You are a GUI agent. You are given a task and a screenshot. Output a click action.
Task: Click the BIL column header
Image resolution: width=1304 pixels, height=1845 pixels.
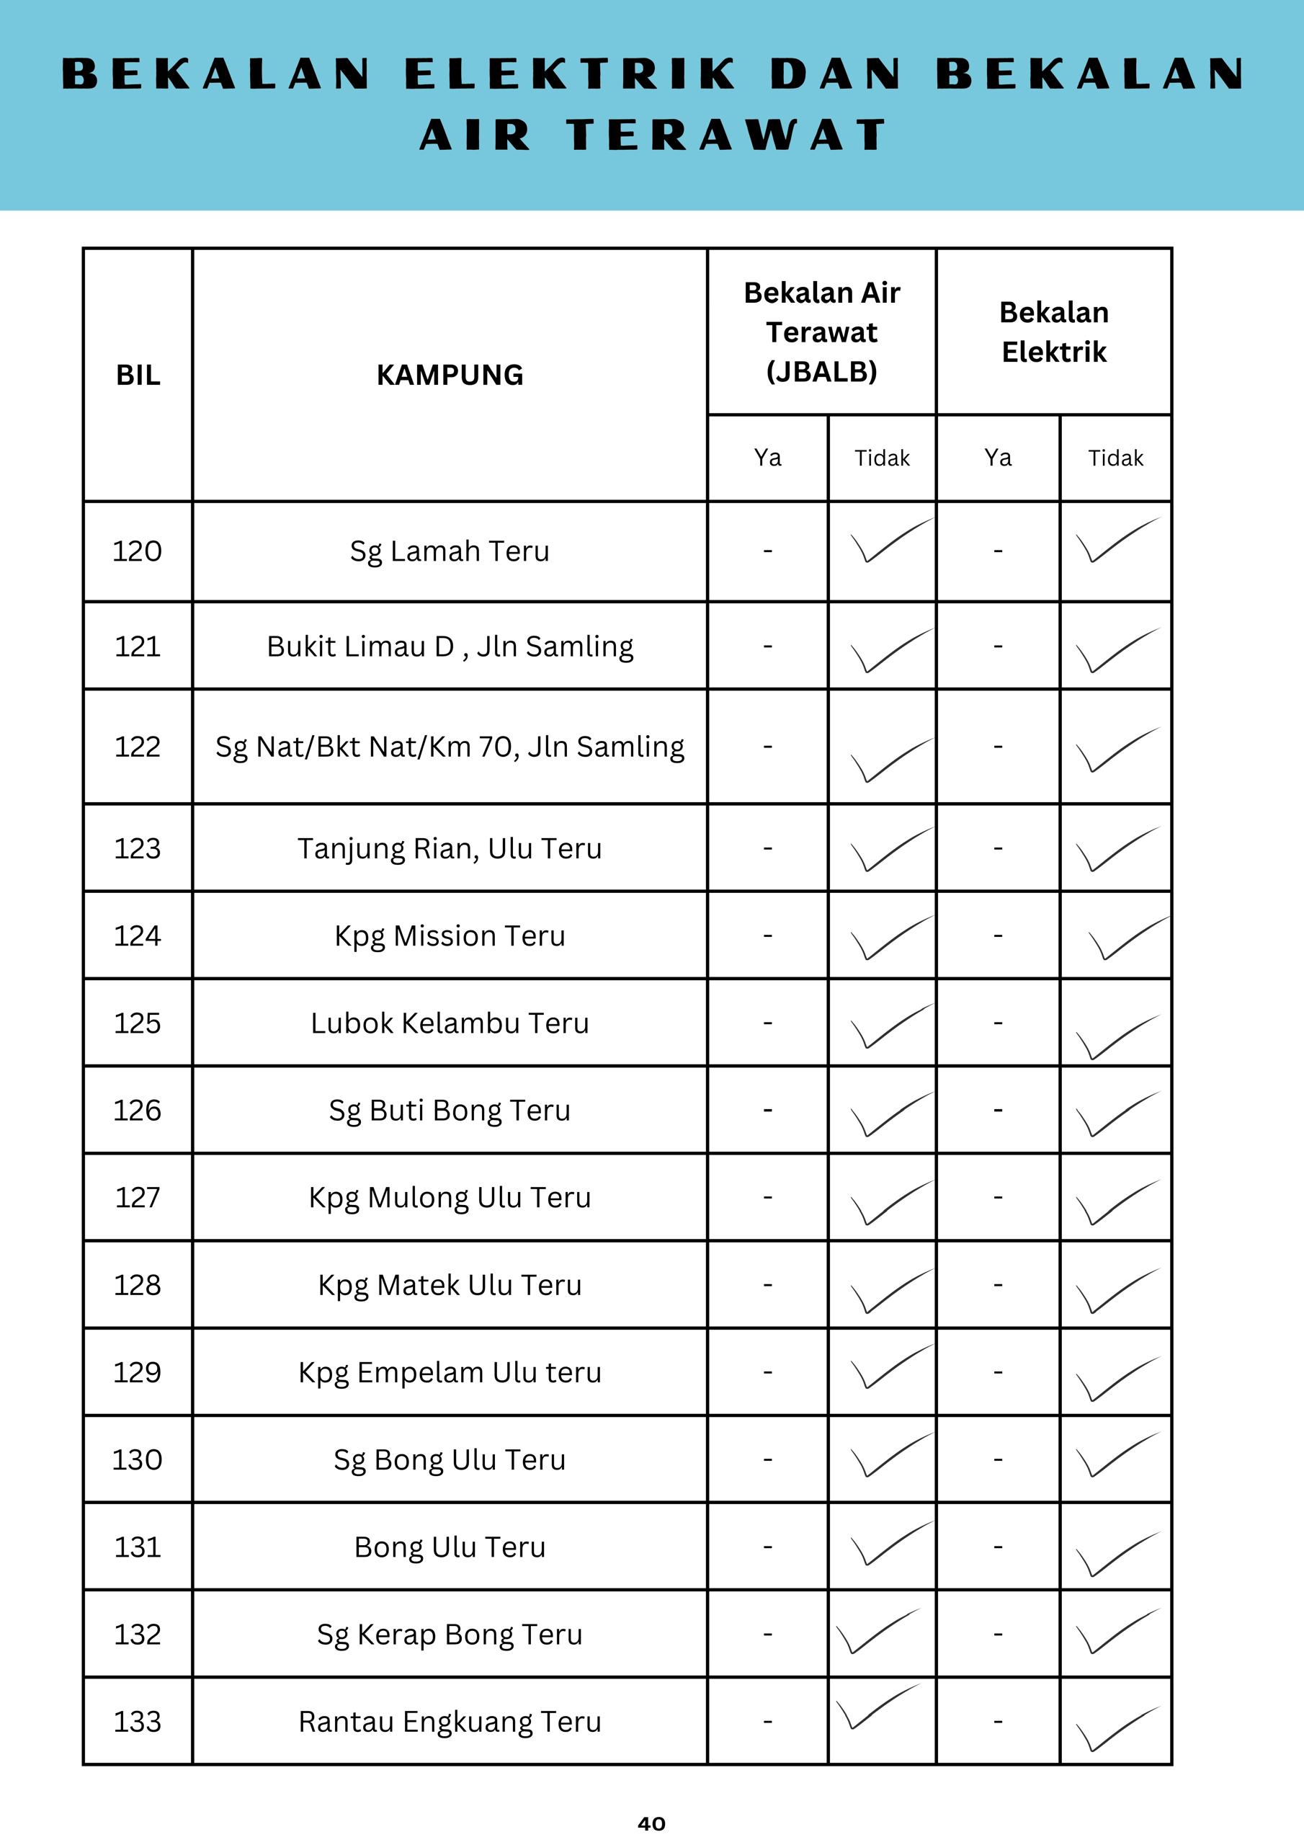tap(138, 375)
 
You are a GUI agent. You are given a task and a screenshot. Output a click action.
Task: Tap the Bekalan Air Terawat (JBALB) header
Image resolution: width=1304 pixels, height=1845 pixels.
tap(821, 332)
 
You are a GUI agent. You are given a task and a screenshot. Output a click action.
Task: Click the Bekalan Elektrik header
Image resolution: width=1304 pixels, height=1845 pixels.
tap(1053, 332)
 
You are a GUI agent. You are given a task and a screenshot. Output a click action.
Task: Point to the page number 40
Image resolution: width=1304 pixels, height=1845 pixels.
tap(651, 1823)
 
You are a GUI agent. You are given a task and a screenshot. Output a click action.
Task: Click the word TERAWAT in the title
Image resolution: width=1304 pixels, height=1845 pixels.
tap(726, 134)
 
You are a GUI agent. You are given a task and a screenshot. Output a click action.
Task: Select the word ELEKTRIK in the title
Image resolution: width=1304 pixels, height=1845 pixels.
tap(571, 74)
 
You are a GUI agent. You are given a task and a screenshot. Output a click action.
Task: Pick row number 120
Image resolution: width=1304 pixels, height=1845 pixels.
tap(138, 551)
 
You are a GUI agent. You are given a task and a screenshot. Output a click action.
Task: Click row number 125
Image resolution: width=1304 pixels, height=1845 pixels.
tap(138, 1023)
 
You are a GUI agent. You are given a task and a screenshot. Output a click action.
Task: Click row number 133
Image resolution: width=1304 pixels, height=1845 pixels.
tap(138, 1721)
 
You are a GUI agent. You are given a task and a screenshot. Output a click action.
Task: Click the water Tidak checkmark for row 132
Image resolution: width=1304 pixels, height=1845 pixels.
tap(877, 1631)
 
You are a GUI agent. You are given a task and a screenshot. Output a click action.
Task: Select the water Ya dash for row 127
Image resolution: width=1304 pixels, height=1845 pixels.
tap(767, 1197)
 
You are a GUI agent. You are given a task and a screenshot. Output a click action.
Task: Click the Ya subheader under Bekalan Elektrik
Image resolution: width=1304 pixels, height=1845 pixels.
tap(997, 458)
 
